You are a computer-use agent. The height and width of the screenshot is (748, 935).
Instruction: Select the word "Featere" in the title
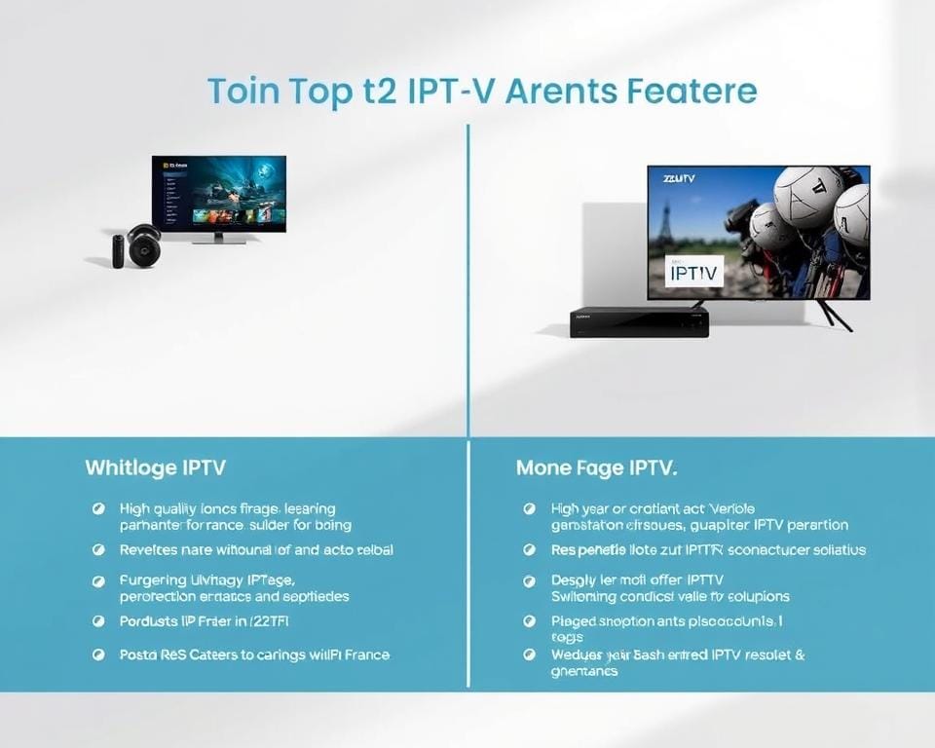(693, 92)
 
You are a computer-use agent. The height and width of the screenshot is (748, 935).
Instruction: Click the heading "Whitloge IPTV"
(155, 467)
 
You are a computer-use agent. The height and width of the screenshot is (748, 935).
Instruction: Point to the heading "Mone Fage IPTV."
(596, 468)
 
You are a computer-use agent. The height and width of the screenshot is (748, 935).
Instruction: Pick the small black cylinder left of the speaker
(118, 250)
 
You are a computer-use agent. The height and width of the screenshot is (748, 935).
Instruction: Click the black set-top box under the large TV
(639, 322)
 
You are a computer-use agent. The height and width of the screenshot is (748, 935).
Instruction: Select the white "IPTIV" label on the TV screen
(695, 274)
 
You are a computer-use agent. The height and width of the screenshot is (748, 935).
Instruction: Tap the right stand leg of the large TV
(835, 315)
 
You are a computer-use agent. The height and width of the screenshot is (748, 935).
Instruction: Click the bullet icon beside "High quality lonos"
(98, 508)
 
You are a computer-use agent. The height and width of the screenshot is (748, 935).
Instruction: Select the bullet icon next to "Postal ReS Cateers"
(98, 654)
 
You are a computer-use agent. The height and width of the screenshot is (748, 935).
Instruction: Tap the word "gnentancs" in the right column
(584, 671)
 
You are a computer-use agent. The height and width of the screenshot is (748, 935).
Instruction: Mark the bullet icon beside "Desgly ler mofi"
(529, 580)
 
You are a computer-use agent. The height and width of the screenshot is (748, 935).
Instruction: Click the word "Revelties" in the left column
(149, 549)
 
